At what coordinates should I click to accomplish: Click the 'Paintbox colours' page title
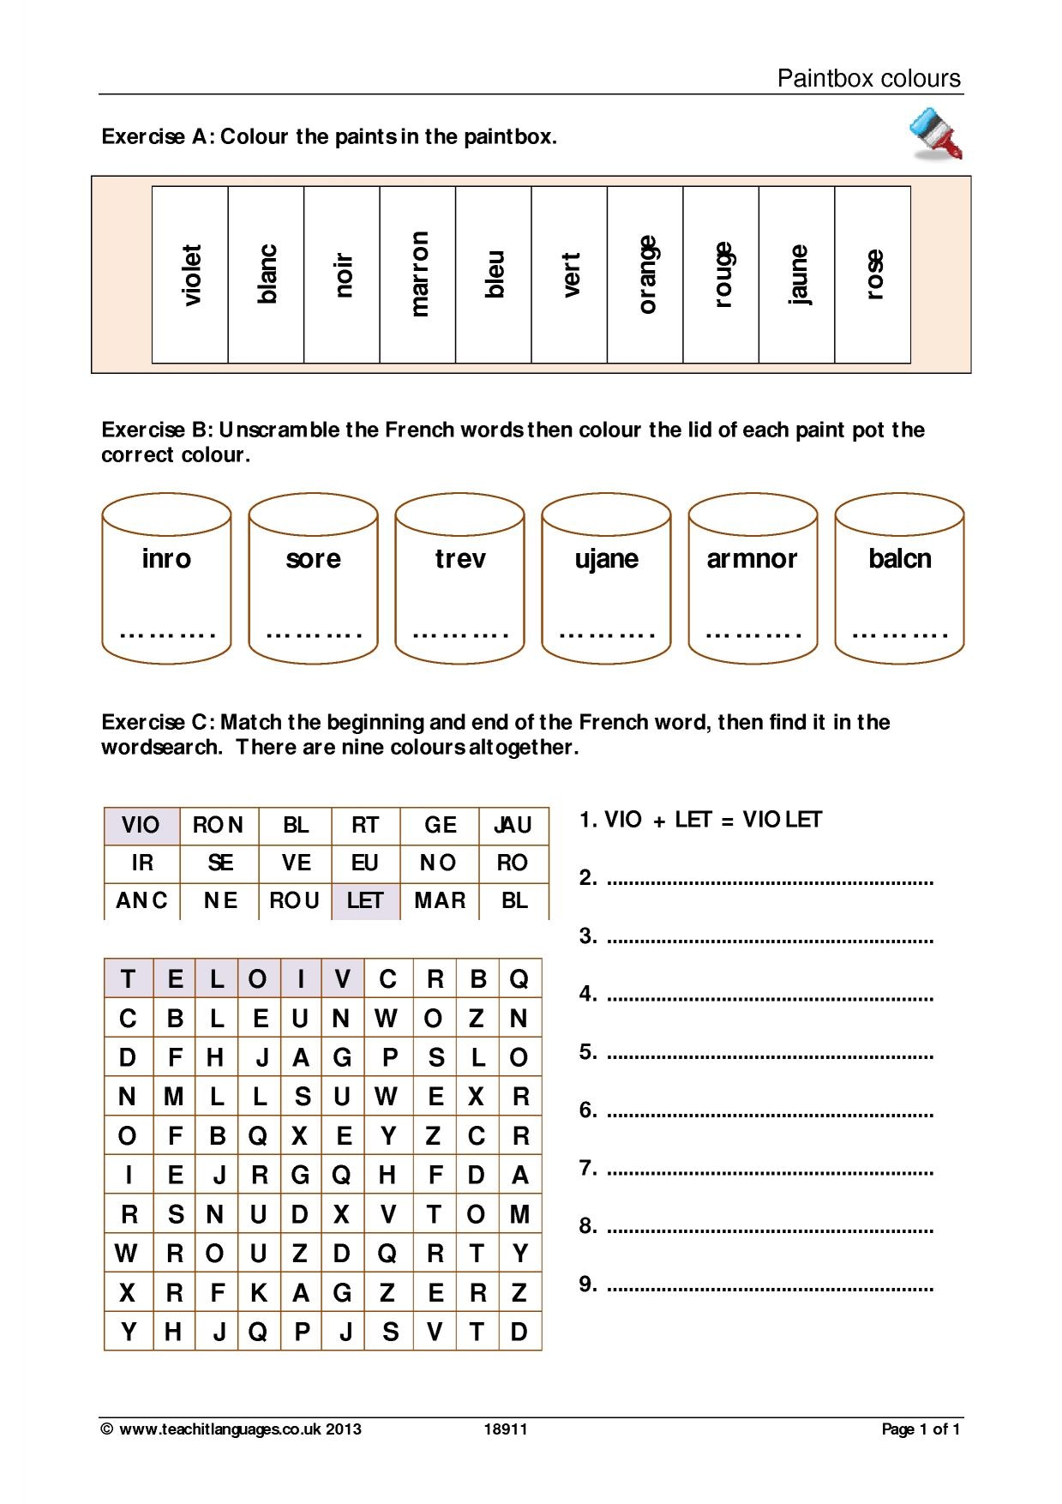[x=868, y=79]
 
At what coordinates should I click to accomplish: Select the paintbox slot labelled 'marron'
[x=418, y=274]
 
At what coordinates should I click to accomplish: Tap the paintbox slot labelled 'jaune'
[x=797, y=274]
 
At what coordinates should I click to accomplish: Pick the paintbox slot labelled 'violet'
[x=190, y=274]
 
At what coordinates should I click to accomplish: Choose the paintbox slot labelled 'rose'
[x=873, y=274]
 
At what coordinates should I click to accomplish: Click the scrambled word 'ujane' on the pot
[x=606, y=559]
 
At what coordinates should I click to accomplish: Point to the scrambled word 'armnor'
[x=752, y=559]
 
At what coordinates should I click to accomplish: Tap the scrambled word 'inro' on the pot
[x=166, y=559]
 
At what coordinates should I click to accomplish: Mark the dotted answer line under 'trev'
[x=459, y=635]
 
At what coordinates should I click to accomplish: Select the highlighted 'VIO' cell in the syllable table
[x=141, y=825]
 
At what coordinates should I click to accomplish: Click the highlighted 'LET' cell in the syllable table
[x=365, y=900]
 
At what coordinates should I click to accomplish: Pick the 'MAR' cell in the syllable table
[x=440, y=900]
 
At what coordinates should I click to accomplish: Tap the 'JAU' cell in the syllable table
[x=513, y=825]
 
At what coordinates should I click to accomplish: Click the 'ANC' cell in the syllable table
[x=141, y=900]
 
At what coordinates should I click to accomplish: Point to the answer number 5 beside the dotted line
[x=587, y=1051]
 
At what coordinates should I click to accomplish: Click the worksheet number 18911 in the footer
[x=506, y=1429]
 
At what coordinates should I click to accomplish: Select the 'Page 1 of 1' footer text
[x=921, y=1429]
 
